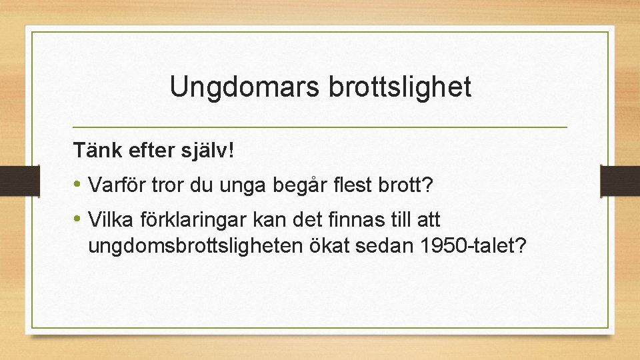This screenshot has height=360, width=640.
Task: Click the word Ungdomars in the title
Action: (x=245, y=87)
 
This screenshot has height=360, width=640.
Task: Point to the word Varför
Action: (x=117, y=185)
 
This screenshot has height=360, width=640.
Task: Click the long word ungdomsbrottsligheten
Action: (x=195, y=247)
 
